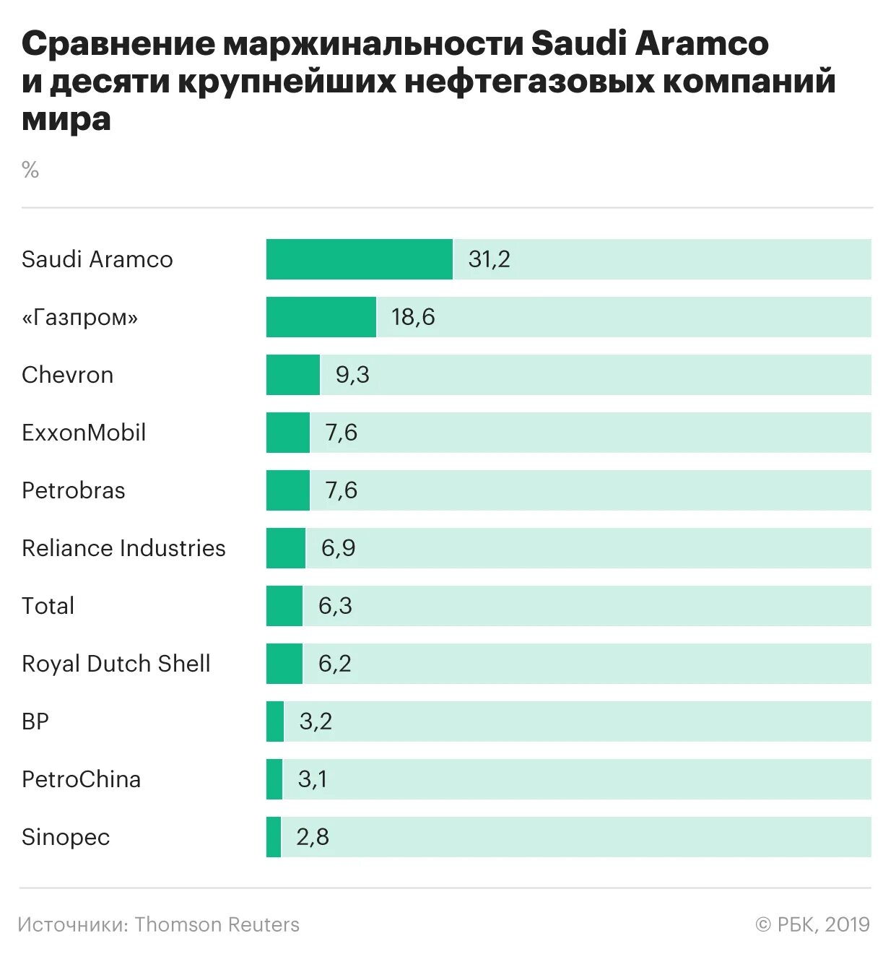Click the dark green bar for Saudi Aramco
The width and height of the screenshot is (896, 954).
(359, 259)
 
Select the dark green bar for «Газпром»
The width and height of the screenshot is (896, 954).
(321, 317)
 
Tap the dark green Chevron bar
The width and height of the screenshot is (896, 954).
(292, 375)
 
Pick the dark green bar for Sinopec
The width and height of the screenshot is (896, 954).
(274, 837)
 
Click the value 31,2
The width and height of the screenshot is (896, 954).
(489, 259)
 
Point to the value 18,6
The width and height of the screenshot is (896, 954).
(413, 317)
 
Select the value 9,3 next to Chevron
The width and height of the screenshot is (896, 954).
(352, 375)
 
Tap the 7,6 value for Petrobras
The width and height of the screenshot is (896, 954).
(341, 490)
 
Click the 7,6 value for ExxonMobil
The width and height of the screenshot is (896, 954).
(341, 433)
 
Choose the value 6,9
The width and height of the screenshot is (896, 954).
(338, 548)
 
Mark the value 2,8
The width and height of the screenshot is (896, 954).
(312, 837)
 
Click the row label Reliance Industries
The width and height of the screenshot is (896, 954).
(123, 548)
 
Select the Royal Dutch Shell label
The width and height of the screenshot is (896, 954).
(116, 664)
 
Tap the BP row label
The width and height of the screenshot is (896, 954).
(35, 721)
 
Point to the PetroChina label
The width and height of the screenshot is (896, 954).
(81, 779)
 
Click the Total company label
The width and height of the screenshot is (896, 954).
(48, 606)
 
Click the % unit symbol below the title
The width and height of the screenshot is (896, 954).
(30, 170)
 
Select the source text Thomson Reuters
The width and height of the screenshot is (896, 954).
(217, 924)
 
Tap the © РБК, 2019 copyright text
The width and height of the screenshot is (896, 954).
(812, 924)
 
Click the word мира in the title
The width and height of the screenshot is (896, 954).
(66, 119)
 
